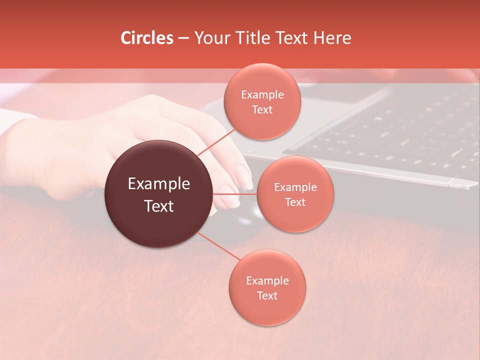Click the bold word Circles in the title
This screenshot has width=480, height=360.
coord(147,38)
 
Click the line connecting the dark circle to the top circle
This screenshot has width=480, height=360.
coord(216,142)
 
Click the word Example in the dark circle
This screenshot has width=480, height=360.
coord(159,184)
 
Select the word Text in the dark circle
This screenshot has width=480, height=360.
coord(159,206)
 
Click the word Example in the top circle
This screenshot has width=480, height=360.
coord(262,95)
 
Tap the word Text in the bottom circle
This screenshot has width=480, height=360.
coord(267,296)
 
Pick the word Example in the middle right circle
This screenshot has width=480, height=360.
coord(295,187)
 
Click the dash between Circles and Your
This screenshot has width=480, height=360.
coord(183,38)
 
